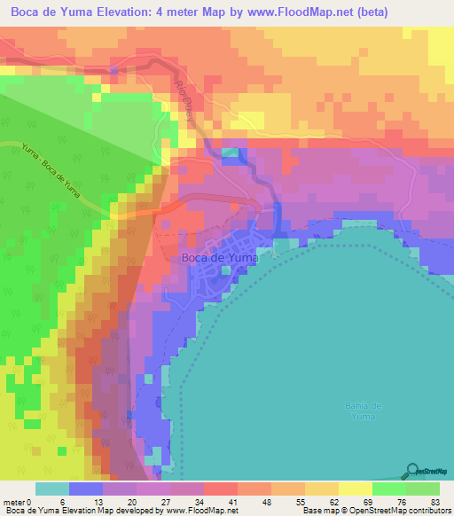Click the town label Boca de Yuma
[218, 258]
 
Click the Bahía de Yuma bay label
[363, 410]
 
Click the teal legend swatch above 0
[52, 489]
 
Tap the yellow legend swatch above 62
[321, 489]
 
